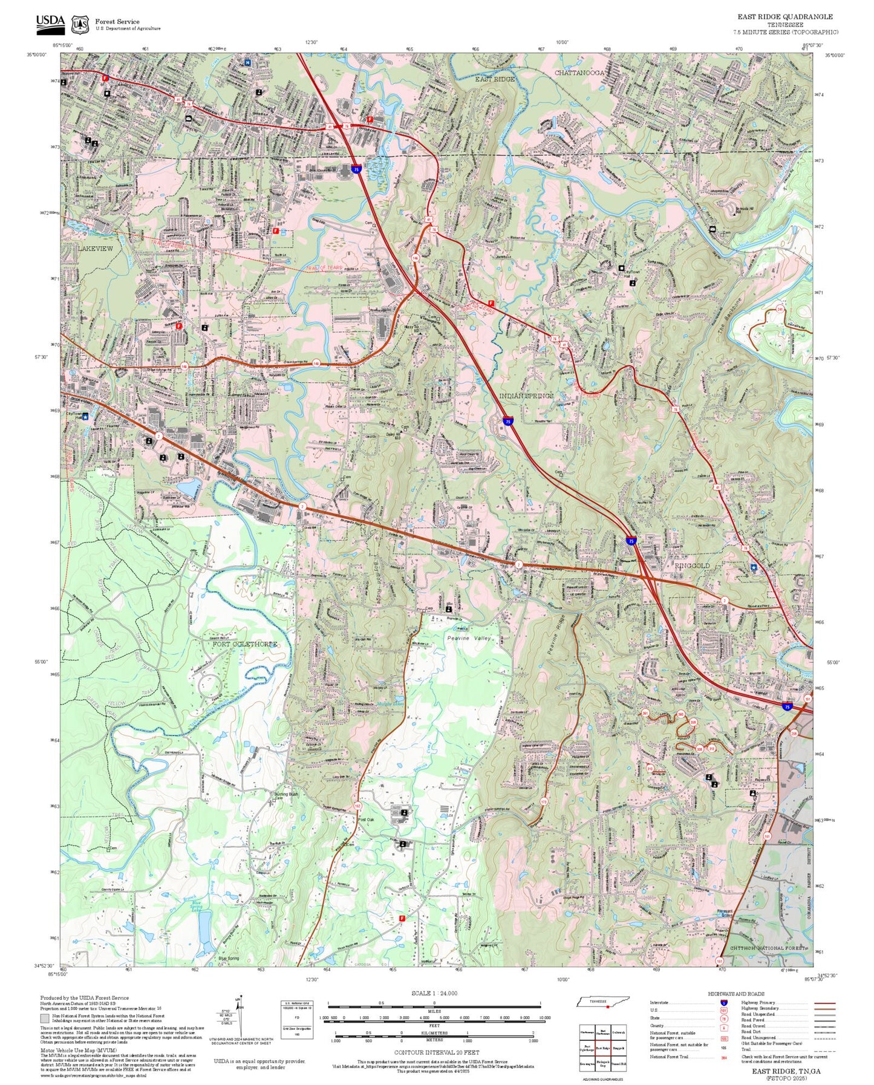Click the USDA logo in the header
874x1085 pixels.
pos(50,23)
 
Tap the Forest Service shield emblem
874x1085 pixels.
pos(80,25)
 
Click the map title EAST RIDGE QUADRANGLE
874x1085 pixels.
pos(784,17)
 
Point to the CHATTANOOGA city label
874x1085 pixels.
pos(579,73)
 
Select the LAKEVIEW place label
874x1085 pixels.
pos(95,249)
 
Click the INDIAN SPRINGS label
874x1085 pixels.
pos(526,396)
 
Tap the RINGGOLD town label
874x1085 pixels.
pos(692,565)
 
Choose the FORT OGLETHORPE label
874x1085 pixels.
pos(245,644)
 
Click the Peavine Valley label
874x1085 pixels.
pos(469,638)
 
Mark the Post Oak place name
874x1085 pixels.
pos(367,819)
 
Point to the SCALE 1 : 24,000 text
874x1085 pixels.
pos(434,993)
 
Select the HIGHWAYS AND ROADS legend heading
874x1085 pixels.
pos(736,994)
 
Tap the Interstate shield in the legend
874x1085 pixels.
pos(723,1003)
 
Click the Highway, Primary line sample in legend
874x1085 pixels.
pos(824,1003)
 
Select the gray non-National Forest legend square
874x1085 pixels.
pos(45,1018)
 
